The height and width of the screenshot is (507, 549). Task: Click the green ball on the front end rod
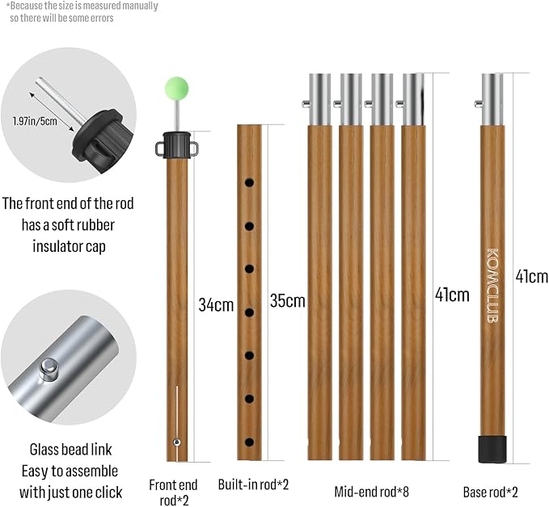(177, 86)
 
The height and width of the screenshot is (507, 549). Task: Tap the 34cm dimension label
(216, 305)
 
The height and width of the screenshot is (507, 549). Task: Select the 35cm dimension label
(288, 301)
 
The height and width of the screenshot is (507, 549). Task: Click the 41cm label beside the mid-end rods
(452, 294)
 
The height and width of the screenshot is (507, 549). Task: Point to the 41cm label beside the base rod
(531, 277)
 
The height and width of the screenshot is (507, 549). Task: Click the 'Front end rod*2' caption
(173, 492)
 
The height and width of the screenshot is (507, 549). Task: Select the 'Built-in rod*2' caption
(253, 485)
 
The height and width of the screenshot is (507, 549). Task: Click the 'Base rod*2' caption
(492, 491)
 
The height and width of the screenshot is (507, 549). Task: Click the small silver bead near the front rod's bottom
(176, 441)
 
